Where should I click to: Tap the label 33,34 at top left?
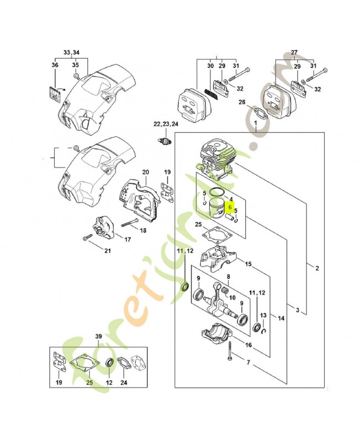pos(71,52)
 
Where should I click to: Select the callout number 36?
pos(55,66)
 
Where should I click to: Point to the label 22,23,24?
pos(166,123)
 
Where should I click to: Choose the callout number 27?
pos(294,52)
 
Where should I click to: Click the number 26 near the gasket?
pos(242,102)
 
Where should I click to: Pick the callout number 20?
pos(146,172)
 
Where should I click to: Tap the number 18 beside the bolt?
pos(142,230)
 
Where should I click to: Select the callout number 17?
pos(127,239)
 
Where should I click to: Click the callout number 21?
pos(107,252)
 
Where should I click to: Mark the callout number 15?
pos(248,265)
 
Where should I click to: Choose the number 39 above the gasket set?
pos(99,336)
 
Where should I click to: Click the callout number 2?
pos(317,269)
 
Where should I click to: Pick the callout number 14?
pos(281,318)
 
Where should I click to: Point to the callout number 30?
pos(210,66)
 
